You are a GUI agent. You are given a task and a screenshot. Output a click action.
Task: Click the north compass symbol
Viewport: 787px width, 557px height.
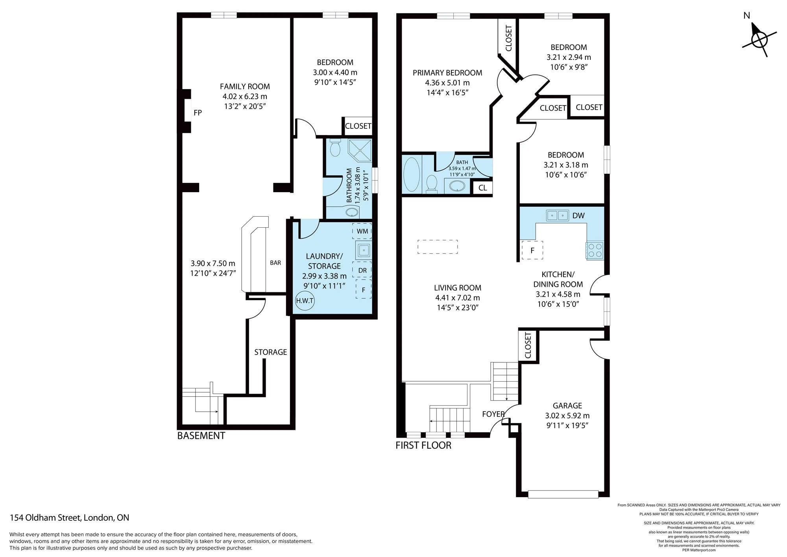click(759, 39)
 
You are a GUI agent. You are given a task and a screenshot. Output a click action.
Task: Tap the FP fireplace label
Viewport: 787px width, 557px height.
click(198, 113)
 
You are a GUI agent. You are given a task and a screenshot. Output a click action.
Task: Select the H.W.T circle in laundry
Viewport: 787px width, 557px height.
click(305, 301)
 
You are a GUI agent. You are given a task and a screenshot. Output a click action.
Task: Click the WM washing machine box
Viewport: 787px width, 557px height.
click(362, 231)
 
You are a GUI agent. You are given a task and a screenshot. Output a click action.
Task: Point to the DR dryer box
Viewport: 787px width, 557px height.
click(362, 270)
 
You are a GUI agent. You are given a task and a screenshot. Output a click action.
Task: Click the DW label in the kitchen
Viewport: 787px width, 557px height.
click(578, 215)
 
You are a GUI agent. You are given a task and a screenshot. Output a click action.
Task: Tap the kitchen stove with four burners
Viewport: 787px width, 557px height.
click(594, 250)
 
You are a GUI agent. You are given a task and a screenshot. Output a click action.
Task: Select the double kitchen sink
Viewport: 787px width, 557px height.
click(557, 215)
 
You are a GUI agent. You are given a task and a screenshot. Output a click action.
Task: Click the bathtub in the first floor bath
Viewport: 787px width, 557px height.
click(412, 175)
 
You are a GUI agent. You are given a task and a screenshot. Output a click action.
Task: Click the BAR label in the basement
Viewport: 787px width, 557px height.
click(275, 263)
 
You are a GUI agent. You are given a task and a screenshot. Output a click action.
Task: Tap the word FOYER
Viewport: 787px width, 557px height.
click(493, 414)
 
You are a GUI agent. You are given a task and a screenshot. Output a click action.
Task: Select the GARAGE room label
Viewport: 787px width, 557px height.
click(567, 405)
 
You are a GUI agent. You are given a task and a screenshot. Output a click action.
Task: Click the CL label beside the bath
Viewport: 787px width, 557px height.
click(482, 188)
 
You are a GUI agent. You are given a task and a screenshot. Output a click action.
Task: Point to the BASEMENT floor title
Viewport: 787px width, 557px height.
click(201, 436)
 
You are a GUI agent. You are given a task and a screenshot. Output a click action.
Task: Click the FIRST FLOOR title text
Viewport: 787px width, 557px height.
click(423, 446)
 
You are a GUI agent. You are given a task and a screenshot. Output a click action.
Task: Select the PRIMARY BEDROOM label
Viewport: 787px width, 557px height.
click(447, 73)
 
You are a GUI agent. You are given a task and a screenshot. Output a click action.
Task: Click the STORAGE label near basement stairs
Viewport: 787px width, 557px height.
click(270, 352)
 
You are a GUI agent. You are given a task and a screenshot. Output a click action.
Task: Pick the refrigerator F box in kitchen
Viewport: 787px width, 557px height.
click(532, 250)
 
